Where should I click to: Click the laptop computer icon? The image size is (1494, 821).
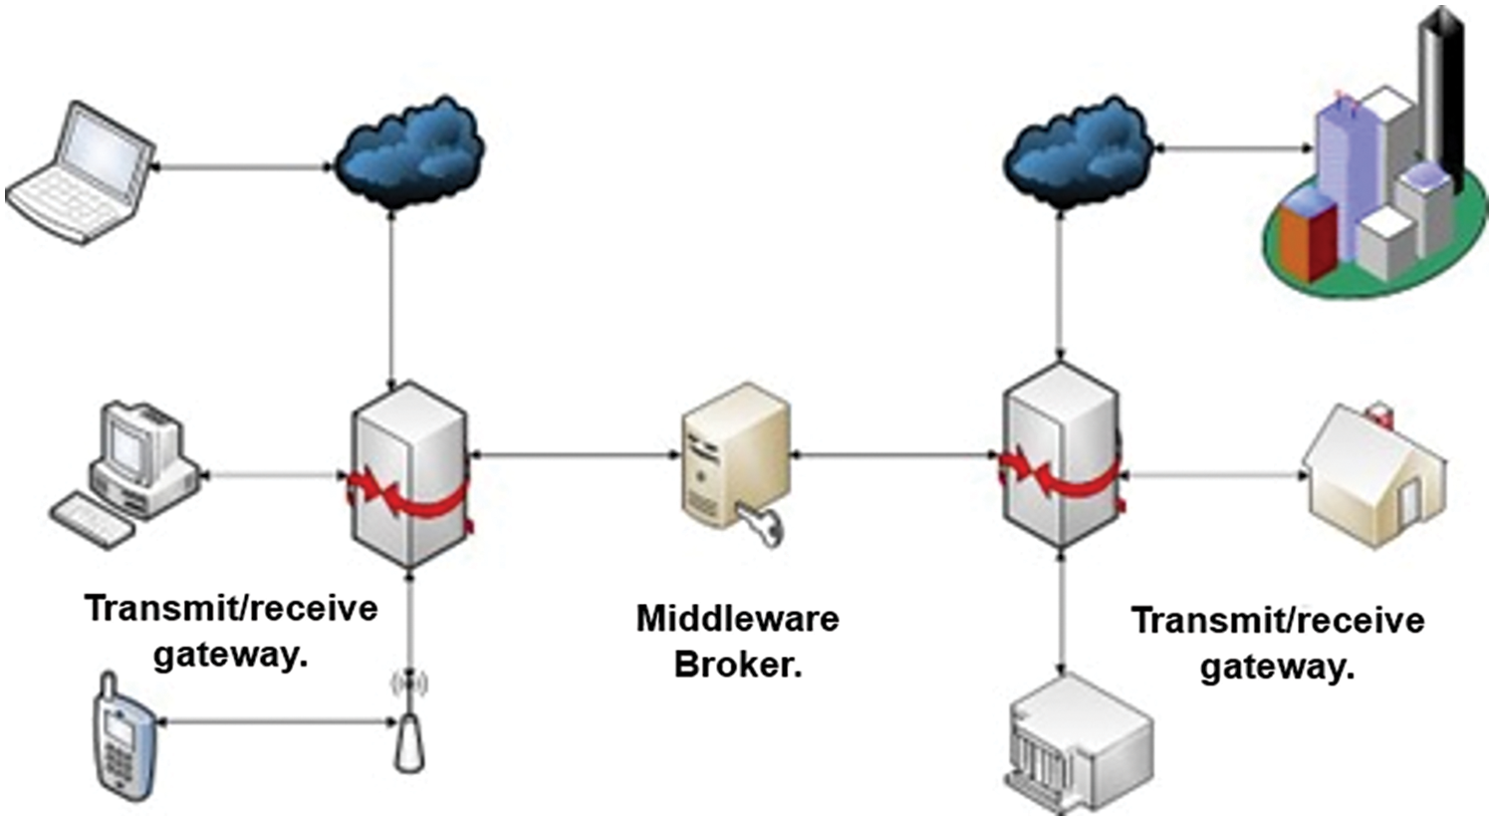(x=80, y=174)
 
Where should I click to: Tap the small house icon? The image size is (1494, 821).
(x=1374, y=478)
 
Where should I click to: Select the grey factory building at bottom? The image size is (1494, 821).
(x=1081, y=742)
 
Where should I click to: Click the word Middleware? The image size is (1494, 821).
(x=737, y=619)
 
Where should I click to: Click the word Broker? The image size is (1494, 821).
(x=737, y=665)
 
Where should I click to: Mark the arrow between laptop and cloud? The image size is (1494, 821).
(x=244, y=166)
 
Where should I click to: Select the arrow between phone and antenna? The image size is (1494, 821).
(x=274, y=719)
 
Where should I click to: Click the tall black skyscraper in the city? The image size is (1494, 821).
(x=1440, y=90)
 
